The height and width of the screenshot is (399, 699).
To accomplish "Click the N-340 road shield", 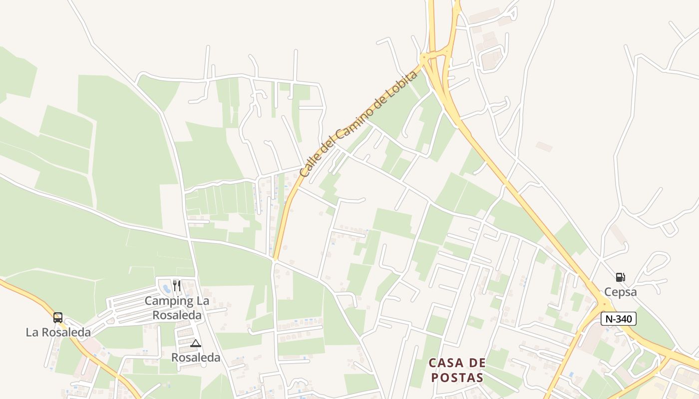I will (618, 319).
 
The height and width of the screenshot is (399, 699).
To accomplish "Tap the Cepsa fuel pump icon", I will (620, 277).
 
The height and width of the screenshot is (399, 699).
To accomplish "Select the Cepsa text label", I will (620, 292).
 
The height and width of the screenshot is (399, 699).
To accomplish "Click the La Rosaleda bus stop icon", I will (58, 317).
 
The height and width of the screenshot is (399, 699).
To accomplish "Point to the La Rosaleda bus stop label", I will (58, 332).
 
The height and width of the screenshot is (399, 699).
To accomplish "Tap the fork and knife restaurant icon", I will (176, 285).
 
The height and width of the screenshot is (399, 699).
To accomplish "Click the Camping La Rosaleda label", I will (177, 308).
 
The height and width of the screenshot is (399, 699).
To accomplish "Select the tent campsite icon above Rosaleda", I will (195, 343).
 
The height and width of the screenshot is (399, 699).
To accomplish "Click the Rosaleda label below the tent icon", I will (195, 357).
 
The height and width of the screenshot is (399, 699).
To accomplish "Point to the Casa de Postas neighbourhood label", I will (456, 370).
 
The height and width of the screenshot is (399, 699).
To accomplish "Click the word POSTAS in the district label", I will (456, 377).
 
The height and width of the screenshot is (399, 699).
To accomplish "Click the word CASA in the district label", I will (443, 363).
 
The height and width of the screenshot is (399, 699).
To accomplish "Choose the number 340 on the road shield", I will (625, 319).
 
